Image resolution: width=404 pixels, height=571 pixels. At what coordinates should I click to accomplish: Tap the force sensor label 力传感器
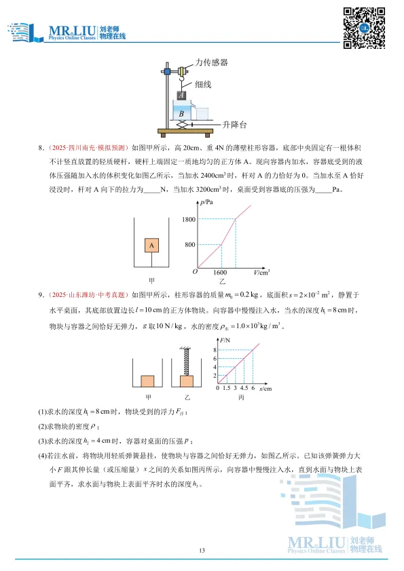(211, 62)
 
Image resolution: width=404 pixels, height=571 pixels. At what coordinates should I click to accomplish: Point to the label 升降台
(235, 125)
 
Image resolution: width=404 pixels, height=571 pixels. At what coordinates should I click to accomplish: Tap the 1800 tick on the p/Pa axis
(188, 219)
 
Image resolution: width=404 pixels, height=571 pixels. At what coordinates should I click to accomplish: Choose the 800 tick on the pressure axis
(190, 244)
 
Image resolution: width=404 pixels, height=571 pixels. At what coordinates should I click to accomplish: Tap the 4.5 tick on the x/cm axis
(244, 388)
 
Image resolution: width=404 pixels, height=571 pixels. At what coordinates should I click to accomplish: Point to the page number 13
(202, 550)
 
